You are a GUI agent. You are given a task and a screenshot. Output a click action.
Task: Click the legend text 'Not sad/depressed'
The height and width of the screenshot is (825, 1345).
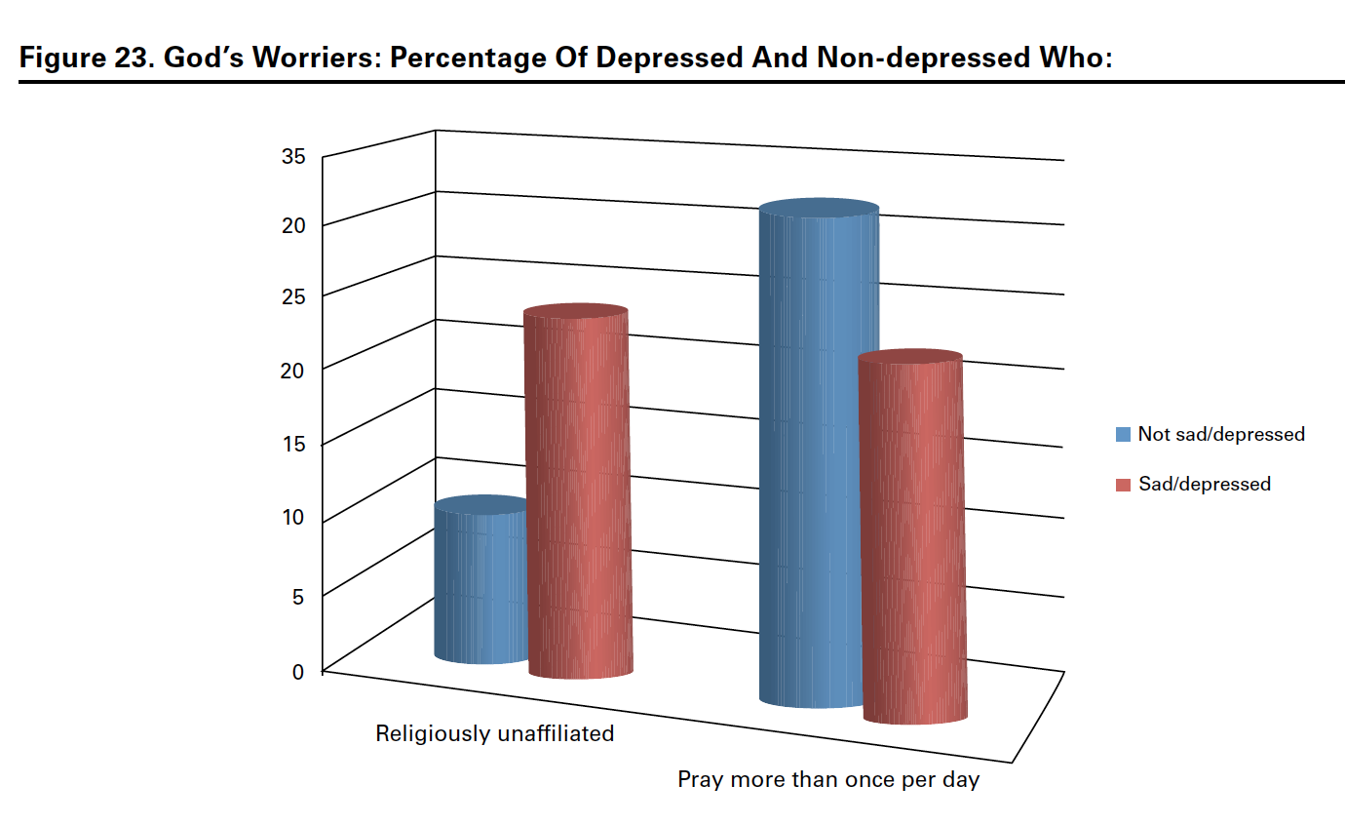1220,434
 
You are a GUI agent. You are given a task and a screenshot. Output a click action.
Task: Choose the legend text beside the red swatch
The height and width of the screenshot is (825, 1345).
1204,484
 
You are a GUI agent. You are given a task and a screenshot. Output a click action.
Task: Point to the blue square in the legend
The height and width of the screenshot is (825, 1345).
1123,434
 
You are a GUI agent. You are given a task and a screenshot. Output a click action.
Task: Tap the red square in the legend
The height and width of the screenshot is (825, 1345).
1123,485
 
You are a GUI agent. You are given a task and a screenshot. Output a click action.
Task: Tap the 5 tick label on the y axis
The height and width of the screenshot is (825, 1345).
298,594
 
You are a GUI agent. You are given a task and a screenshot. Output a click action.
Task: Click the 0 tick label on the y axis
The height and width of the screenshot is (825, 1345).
298,671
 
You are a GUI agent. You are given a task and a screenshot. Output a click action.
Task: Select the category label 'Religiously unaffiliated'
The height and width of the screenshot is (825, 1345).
495,733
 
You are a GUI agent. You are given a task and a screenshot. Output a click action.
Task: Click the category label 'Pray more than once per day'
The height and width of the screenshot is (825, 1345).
828,780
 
